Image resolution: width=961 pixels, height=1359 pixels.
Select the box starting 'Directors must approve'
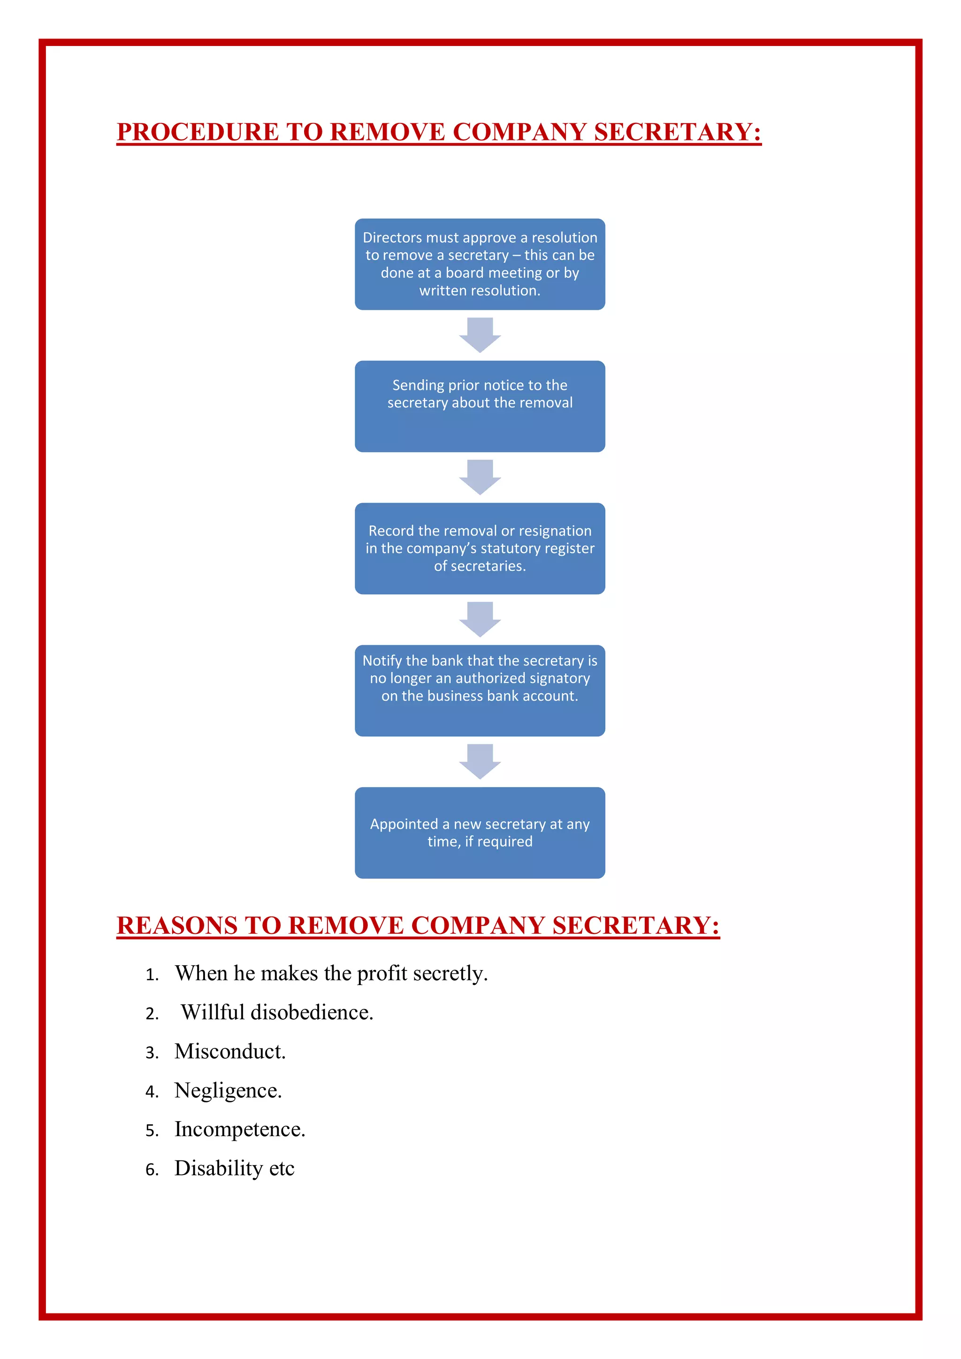pyautogui.click(x=480, y=264)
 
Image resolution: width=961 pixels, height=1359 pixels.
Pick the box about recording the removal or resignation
pyautogui.click(x=480, y=548)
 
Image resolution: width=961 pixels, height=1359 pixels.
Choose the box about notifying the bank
pyautogui.click(x=480, y=690)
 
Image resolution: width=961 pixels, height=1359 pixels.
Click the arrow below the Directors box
pyautogui.click(x=480, y=335)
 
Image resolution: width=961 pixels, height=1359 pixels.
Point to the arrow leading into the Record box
pyautogui.click(x=480, y=477)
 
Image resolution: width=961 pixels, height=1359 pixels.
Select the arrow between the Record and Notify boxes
pyautogui.click(x=480, y=619)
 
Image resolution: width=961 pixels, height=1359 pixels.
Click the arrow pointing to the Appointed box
pyautogui.click(x=480, y=761)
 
